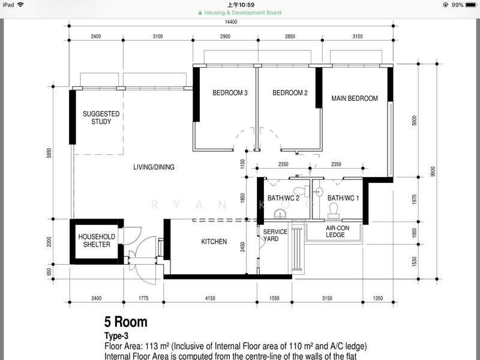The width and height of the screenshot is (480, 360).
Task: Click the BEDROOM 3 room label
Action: tap(230, 93)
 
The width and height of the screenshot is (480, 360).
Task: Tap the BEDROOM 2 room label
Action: tap(290, 93)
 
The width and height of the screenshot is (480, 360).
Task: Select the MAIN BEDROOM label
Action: tap(355, 98)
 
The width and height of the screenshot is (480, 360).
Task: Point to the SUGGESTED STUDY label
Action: tap(101, 118)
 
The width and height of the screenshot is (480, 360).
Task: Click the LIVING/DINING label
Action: tap(154, 167)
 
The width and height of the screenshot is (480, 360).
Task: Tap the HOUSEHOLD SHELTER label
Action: tap(97, 241)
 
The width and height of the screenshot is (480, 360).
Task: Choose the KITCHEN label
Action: tap(214, 242)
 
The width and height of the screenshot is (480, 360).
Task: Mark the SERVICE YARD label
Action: tap(275, 235)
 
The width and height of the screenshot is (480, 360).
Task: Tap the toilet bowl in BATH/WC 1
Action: tap(334, 209)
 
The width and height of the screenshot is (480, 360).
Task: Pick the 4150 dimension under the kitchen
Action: tap(209, 297)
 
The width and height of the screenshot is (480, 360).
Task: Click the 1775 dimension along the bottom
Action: tap(143, 297)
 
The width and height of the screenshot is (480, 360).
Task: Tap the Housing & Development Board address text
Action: tap(242, 13)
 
